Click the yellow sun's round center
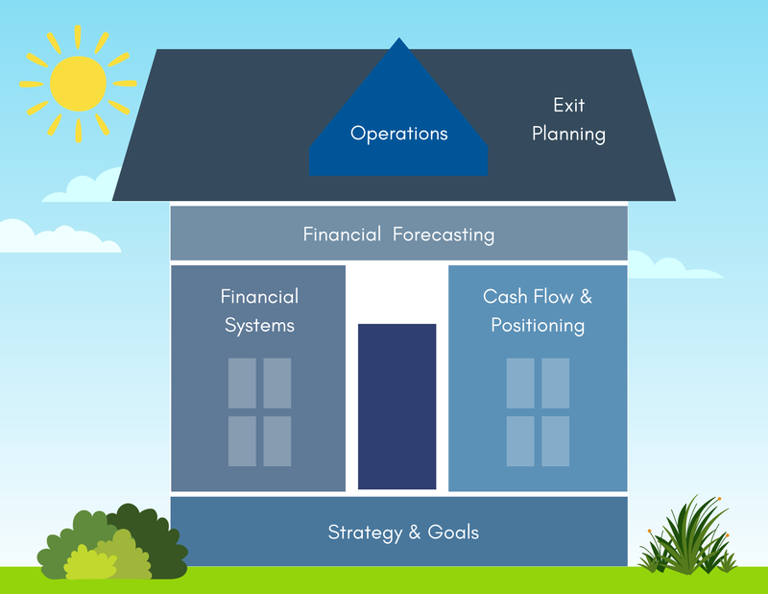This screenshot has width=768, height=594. (78, 82)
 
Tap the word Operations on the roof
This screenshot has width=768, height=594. (398, 134)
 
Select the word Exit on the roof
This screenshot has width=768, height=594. (568, 105)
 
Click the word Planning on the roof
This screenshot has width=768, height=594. (568, 134)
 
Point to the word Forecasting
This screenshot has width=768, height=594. (444, 234)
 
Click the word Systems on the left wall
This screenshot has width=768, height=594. (259, 325)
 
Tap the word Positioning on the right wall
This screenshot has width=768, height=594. (538, 325)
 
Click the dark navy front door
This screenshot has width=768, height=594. (396, 406)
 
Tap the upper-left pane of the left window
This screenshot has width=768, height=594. (242, 383)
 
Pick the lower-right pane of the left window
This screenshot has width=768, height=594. (277, 441)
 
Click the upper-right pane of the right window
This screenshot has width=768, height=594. (556, 383)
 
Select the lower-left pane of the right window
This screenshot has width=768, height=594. (520, 441)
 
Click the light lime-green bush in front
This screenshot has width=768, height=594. (102, 559)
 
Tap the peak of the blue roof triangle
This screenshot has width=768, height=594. (398, 40)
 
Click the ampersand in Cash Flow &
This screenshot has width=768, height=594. (586, 296)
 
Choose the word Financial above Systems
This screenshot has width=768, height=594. (259, 296)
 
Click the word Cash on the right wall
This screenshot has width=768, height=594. (505, 296)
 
